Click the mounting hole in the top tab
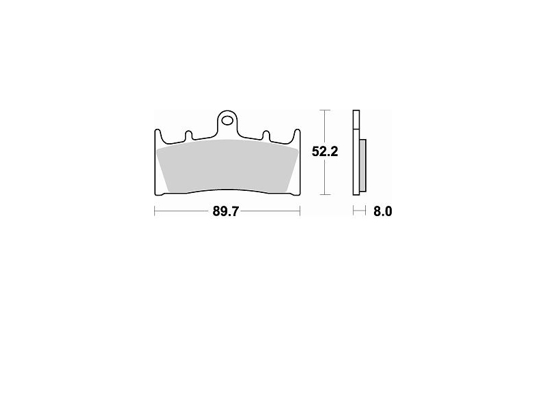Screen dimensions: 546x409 point(228,121)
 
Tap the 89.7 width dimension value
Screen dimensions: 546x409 point(226,211)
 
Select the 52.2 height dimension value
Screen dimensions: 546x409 point(325,151)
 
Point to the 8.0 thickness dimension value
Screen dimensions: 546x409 point(383,211)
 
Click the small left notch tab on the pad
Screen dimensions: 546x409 point(188,135)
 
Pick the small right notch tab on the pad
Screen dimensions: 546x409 point(266,135)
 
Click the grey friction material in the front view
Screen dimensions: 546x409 point(228,166)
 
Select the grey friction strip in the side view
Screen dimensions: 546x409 point(362,165)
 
